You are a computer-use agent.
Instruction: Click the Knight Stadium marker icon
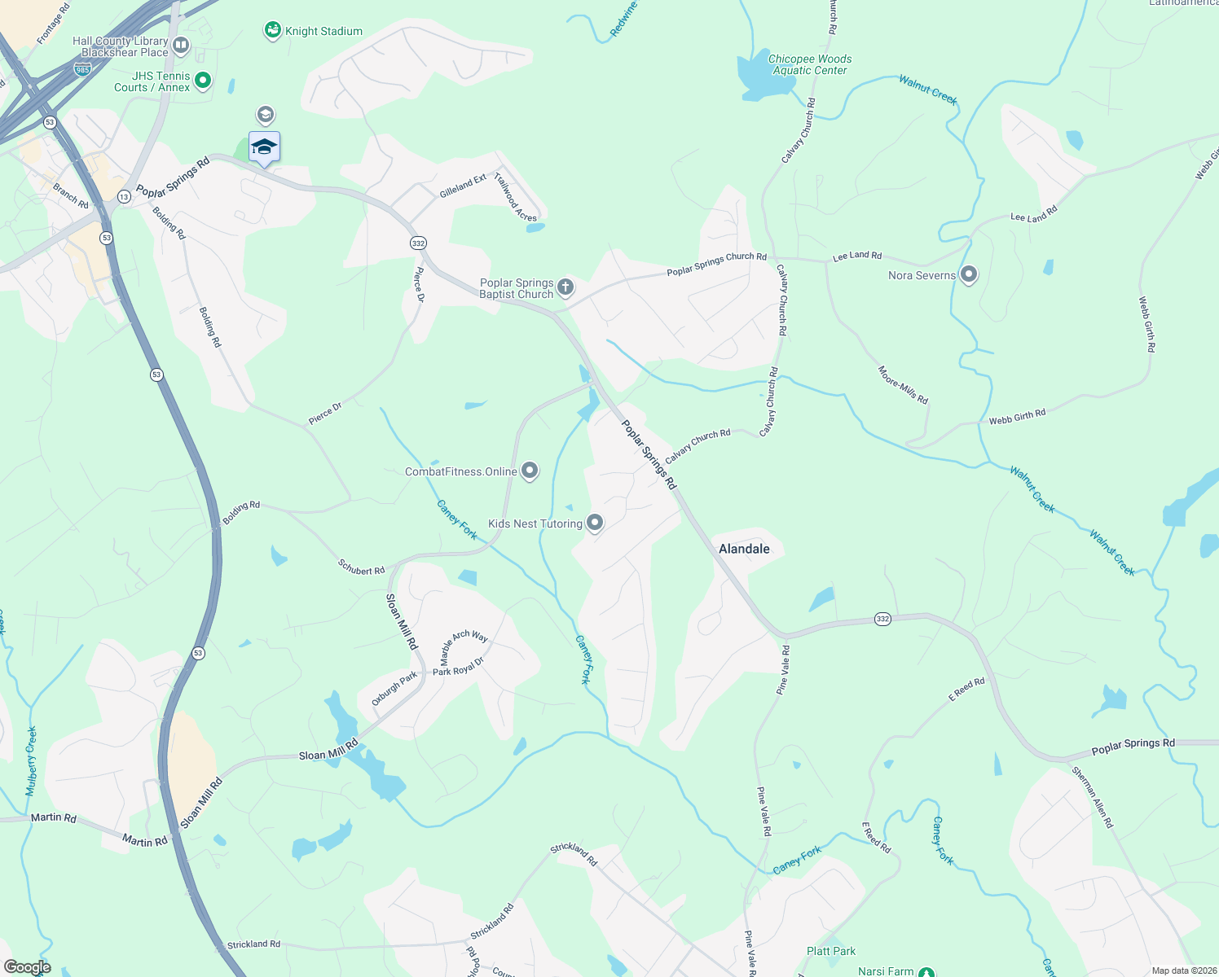(x=273, y=31)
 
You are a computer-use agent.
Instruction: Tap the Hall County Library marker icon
(x=181, y=46)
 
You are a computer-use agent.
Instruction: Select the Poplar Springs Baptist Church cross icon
(x=565, y=287)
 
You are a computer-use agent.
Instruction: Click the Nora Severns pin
(x=969, y=275)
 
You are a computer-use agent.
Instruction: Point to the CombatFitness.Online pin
(x=530, y=471)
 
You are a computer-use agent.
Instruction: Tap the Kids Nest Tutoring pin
(x=595, y=523)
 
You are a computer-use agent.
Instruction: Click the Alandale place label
(x=744, y=550)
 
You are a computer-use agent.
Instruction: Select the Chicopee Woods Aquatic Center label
(x=810, y=64)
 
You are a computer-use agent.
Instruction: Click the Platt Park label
(x=831, y=951)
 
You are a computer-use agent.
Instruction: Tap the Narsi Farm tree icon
(x=926, y=972)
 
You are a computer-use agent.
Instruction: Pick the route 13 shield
(x=124, y=197)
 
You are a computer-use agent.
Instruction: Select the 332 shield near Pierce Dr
(x=418, y=243)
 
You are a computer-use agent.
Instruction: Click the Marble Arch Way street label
(x=464, y=646)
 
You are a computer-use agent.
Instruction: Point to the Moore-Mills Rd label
(x=903, y=385)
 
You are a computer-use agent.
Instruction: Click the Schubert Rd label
(x=361, y=567)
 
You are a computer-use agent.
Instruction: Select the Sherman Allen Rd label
(x=1092, y=798)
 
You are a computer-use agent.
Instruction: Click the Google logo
(x=27, y=966)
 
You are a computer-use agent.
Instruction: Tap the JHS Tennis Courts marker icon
(x=204, y=81)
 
